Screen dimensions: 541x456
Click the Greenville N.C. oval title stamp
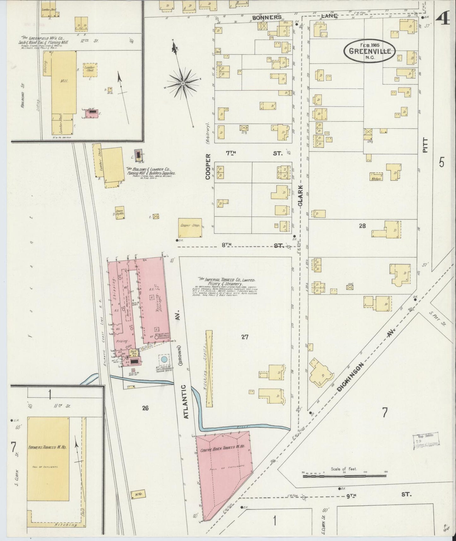[x=370, y=51]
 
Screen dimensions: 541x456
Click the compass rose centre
[x=182, y=83]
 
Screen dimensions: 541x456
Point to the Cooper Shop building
[x=190, y=228]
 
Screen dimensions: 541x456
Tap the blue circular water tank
[x=164, y=359]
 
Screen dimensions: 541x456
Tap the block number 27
[x=245, y=337]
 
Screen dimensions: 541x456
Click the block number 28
[x=362, y=226]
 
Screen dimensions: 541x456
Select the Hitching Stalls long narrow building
[x=209, y=368]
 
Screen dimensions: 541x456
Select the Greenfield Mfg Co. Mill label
[x=64, y=81]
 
